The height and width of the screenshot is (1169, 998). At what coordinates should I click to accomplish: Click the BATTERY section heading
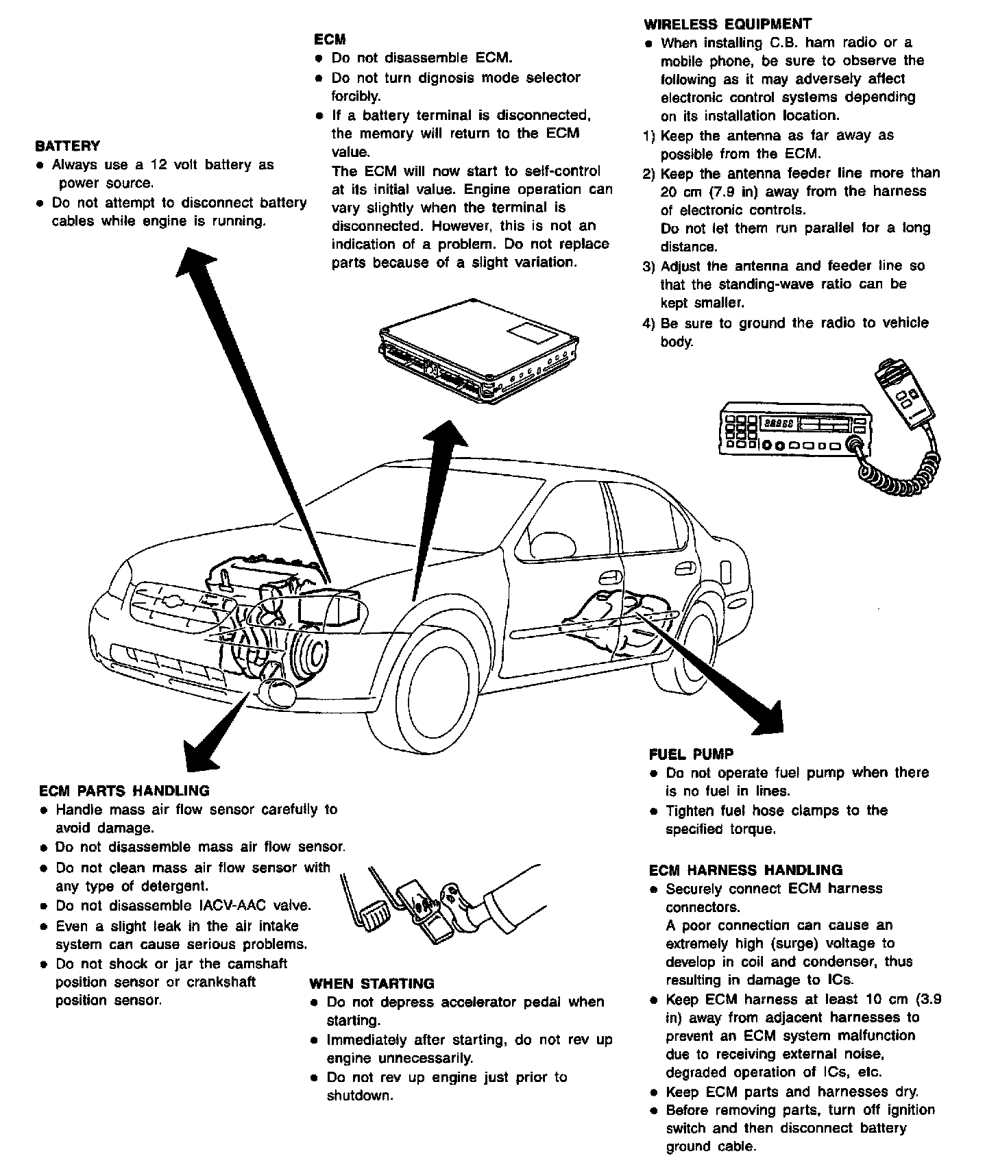pyautogui.click(x=67, y=146)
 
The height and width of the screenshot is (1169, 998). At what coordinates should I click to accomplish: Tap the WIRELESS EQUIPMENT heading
pyautogui.click(x=727, y=24)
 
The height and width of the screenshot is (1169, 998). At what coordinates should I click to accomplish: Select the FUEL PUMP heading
pyautogui.click(x=691, y=754)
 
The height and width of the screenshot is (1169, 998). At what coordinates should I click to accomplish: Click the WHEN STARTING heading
pyautogui.click(x=372, y=984)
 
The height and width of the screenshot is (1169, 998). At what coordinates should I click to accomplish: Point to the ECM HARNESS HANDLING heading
pyautogui.click(x=745, y=870)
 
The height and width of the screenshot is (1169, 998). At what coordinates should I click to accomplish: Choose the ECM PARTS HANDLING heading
pyautogui.click(x=124, y=791)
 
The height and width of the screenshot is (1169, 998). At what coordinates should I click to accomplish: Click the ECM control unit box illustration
pyautogui.click(x=480, y=353)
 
